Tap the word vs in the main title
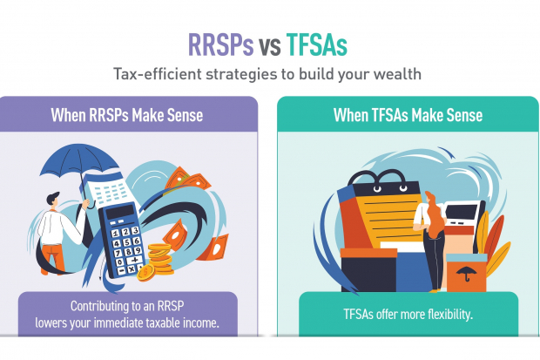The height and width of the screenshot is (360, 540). (x=269, y=45)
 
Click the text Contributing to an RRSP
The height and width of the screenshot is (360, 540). (x=129, y=307)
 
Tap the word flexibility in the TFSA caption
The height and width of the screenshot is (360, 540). (x=444, y=315)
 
